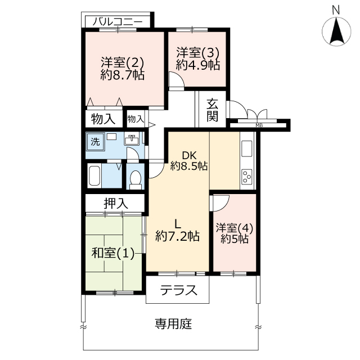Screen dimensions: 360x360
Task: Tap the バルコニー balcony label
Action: pos(118,22)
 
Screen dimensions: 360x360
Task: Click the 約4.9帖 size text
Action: pos(198,65)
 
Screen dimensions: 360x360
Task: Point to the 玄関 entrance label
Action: pos(212,110)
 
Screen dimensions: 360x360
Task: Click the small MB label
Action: pos(259,125)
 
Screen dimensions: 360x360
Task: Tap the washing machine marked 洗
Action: pos(96,142)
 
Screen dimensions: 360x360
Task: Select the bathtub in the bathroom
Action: pos(94,175)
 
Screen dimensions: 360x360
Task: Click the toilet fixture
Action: pos(136,179)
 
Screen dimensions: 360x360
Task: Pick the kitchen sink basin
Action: pos(247,148)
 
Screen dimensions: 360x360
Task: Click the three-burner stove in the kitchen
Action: pos(247,177)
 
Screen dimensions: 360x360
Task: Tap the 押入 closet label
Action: pos(115,204)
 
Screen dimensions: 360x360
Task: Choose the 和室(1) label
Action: pos(113,253)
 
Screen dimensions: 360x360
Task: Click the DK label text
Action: pos(189,156)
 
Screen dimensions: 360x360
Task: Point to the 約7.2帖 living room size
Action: pos(178,236)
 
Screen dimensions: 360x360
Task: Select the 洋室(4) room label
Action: pos(235,228)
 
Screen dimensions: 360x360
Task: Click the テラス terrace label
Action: pos(179,290)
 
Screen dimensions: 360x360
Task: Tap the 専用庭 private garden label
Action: pos(173,324)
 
